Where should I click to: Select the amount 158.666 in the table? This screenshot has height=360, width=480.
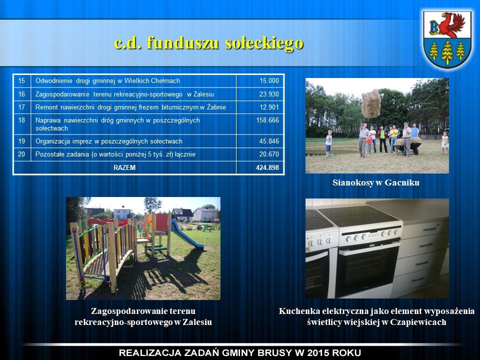(x=267, y=120)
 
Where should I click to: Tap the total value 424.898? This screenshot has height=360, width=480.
(x=267, y=167)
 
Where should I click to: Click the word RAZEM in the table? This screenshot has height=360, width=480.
(x=124, y=168)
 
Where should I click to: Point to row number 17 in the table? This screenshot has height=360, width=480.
(x=21, y=107)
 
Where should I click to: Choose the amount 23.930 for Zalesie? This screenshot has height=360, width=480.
(x=269, y=94)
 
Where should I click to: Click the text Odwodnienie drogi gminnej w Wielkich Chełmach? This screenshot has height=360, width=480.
(x=108, y=81)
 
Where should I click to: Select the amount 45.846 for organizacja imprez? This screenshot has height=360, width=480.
(x=269, y=141)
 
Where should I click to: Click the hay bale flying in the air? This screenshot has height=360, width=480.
(x=371, y=104)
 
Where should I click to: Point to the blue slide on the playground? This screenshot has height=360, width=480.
(x=186, y=235)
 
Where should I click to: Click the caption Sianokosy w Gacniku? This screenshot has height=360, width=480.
(x=376, y=183)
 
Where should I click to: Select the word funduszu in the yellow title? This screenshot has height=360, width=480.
(x=183, y=43)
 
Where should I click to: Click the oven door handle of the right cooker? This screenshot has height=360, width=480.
(x=369, y=248)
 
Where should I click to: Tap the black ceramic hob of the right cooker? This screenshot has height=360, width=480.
(x=357, y=215)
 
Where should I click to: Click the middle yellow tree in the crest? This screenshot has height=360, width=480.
(x=447, y=52)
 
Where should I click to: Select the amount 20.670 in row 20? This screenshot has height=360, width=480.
(x=269, y=154)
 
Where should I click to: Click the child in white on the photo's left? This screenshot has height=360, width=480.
(x=328, y=143)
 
